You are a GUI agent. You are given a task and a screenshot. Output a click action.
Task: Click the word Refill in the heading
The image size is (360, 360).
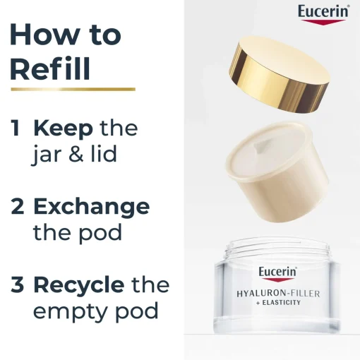pos(50,69)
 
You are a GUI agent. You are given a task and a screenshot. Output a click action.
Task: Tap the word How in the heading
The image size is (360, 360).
pos(44,34)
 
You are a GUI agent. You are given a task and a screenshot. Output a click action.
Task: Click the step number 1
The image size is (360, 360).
pos(16,128)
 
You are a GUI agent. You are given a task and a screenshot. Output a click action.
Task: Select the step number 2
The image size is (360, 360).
pos(18,206)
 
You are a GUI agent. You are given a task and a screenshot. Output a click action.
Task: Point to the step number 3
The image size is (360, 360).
pos(18,285)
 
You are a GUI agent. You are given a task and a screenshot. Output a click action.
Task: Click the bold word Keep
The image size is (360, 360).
pos(63,129)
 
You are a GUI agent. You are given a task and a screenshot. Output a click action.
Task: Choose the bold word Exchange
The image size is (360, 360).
pos(92,206)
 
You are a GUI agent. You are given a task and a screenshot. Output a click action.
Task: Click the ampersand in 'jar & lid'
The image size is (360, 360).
pos(76,154)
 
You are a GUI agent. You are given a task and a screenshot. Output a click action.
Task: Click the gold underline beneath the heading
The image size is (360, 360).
pos(73,89)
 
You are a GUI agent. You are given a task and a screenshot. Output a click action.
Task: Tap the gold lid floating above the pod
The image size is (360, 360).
pos(280,74)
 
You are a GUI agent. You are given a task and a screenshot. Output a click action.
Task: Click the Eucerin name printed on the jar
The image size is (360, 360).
pos(277,272)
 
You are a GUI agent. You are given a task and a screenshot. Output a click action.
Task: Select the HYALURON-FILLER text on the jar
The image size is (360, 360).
pos(278,294)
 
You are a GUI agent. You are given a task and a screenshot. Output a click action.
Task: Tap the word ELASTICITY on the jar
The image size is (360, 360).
pos(282,302)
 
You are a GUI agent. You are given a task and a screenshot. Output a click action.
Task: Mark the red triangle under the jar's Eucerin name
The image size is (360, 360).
pos(277,280)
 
